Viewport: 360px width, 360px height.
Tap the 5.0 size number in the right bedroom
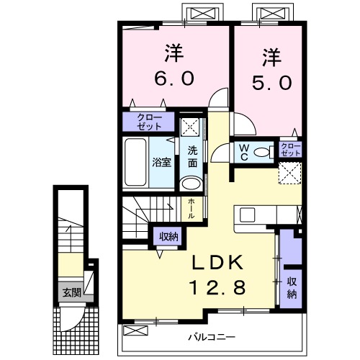pyautogui.click(x=271, y=83)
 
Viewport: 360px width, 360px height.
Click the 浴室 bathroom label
pyautogui.click(x=161, y=163)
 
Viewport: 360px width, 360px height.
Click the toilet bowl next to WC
pyautogui.click(x=264, y=152)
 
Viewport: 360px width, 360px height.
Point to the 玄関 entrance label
pyautogui.click(x=71, y=292)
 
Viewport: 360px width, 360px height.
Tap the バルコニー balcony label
pyautogui.click(x=214, y=336)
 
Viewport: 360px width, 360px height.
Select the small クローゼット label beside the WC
pyautogui.click(x=291, y=150)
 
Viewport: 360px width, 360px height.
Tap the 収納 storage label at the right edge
pyautogui.click(x=292, y=287)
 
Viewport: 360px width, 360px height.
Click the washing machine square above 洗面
pyautogui.click(x=190, y=125)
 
